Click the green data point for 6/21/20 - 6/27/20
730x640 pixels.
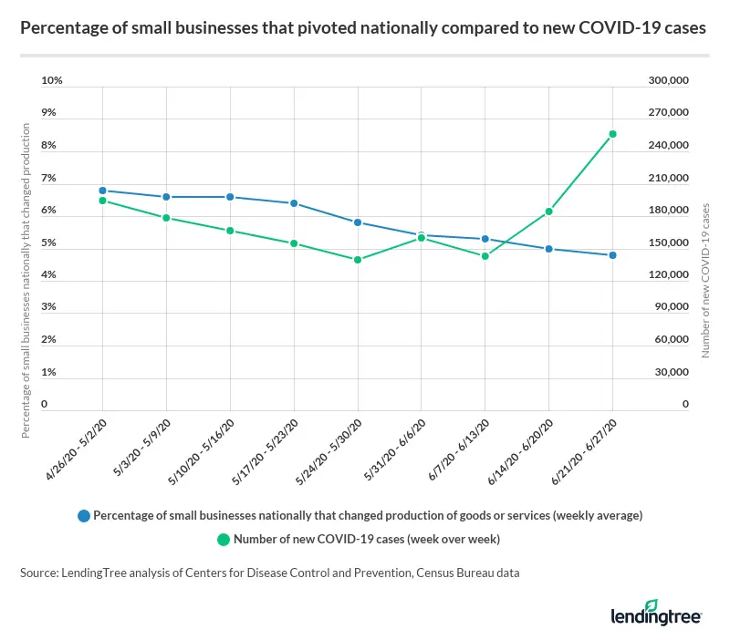point(612,134)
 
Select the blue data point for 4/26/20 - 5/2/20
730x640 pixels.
point(102,191)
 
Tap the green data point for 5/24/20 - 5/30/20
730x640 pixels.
point(358,260)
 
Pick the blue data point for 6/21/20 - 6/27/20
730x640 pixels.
point(612,255)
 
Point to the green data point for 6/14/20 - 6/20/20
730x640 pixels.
point(548,212)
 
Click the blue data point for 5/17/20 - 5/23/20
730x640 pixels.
point(294,203)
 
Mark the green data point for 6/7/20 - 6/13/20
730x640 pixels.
point(485,256)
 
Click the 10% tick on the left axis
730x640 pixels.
point(52,80)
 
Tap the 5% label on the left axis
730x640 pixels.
point(49,243)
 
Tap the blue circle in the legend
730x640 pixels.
point(85,516)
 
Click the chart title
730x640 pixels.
point(363,28)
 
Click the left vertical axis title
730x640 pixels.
point(26,281)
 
